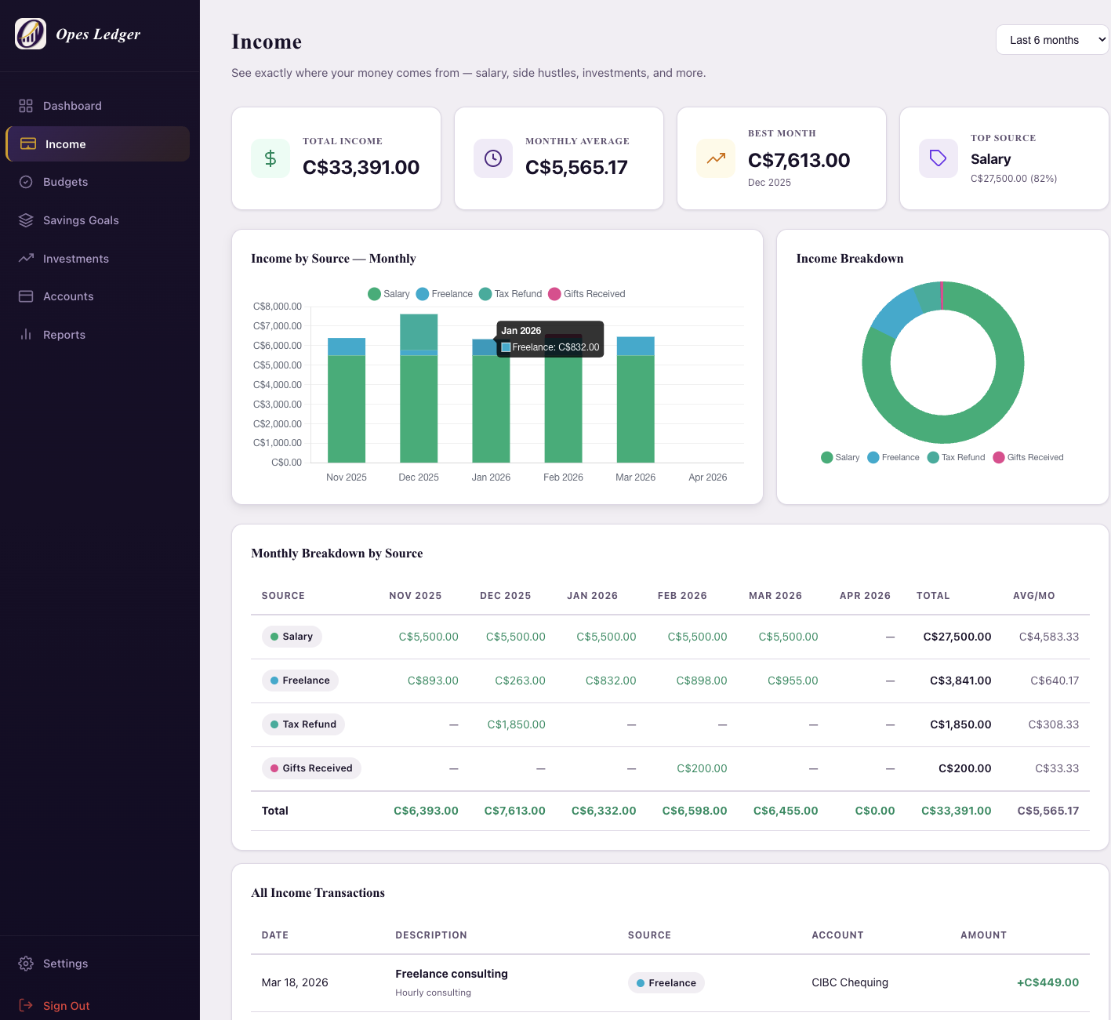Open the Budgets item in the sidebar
pos(65,182)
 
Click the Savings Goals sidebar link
pos(81,220)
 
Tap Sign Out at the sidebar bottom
pos(66,1006)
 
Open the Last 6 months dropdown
pos(1052,40)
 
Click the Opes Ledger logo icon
pos(31,34)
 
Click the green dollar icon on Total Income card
pos(270,158)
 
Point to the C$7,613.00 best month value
pos(798,160)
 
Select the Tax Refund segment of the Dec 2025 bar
pos(419,331)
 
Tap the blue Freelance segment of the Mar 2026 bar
pos(635,346)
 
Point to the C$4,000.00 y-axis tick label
pos(278,385)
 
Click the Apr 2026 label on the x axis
pos(707,477)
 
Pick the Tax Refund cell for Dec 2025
pos(516,724)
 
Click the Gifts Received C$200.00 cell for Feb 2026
pos(702,768)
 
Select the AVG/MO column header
pos(1033,596)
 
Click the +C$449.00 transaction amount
pos(1047,982)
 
